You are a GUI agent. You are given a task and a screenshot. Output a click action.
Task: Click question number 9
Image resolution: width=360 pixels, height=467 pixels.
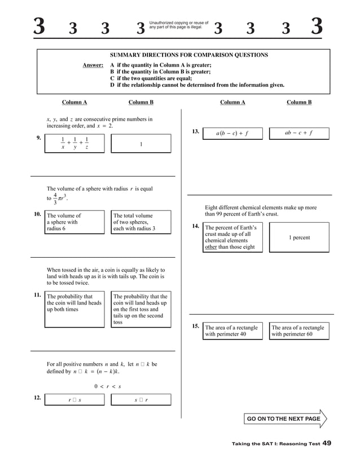click(38, 138)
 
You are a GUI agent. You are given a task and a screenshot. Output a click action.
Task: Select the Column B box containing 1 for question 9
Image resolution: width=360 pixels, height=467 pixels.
click(141, 144)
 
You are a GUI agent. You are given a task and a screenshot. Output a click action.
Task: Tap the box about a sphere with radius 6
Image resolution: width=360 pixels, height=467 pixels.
click(74, 222)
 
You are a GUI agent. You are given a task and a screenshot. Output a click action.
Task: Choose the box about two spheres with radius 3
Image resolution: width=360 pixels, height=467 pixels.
click(141, 222)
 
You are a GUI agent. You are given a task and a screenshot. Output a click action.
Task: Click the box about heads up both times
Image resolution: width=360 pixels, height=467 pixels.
click(74, 309)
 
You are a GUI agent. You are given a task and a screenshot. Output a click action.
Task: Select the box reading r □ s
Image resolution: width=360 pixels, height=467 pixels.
click(74, 400)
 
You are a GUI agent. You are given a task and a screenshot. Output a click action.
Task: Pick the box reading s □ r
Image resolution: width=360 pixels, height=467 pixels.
click(141, 400)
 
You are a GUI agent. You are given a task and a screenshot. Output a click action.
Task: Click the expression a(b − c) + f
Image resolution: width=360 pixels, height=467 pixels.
click(232, 134)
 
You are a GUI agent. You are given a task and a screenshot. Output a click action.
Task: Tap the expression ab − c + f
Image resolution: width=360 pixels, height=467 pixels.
click(298, 134)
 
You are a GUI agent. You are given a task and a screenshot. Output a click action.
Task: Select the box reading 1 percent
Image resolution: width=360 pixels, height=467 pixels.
click(299, 237)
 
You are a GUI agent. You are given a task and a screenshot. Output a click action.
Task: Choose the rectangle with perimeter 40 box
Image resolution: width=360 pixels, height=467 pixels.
click(232, 331)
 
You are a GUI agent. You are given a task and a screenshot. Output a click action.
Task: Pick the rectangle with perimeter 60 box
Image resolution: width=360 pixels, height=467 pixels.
click(298, 331)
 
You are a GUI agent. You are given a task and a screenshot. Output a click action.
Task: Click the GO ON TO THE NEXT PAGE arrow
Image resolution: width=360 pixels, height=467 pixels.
click(286, 419)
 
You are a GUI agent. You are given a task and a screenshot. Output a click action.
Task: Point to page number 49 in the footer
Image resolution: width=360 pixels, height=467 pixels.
click(327, 444)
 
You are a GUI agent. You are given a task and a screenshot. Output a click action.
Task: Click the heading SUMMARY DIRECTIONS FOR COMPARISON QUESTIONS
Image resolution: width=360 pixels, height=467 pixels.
click(188, 55)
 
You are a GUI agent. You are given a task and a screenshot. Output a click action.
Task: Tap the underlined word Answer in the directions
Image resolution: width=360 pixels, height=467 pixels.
click(93, 65)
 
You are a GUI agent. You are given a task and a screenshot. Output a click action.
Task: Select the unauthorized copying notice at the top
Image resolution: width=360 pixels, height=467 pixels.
click(178, 25)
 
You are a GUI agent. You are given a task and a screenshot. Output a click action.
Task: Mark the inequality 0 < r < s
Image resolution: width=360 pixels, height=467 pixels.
click(108, 386)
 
